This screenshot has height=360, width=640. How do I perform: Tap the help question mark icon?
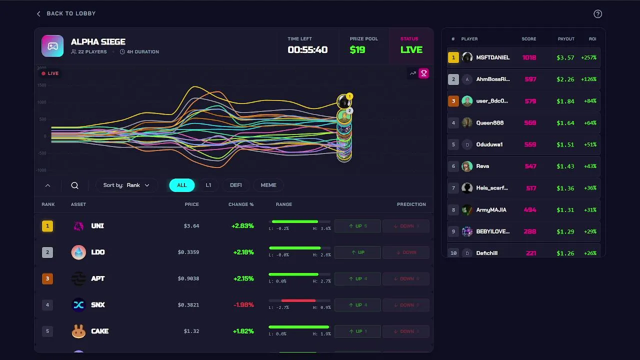[597, 14]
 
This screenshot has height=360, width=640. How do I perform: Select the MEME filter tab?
[268, 185]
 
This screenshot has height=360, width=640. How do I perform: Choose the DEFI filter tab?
[235, 185]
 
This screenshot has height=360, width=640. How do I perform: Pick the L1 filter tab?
[208, 185]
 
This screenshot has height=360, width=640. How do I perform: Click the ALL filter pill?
[181, 185]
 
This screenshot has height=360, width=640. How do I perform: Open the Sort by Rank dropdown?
[126, 185]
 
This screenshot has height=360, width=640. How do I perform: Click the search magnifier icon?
[75, 185]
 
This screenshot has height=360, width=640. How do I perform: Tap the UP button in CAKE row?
[357, 331]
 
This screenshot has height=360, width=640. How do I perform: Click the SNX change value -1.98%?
[243, 305]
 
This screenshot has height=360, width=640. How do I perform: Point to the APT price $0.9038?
[188, 278]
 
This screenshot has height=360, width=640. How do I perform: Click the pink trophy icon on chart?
[423, 73]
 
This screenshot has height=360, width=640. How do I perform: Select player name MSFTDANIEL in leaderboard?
[493, 57]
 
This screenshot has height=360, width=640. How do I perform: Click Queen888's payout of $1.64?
[565, 123]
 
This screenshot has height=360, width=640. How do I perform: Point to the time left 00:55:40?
[307, 50]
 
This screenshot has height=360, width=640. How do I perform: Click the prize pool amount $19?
[357, 50]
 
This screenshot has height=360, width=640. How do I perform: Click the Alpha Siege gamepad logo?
[52, 46]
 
